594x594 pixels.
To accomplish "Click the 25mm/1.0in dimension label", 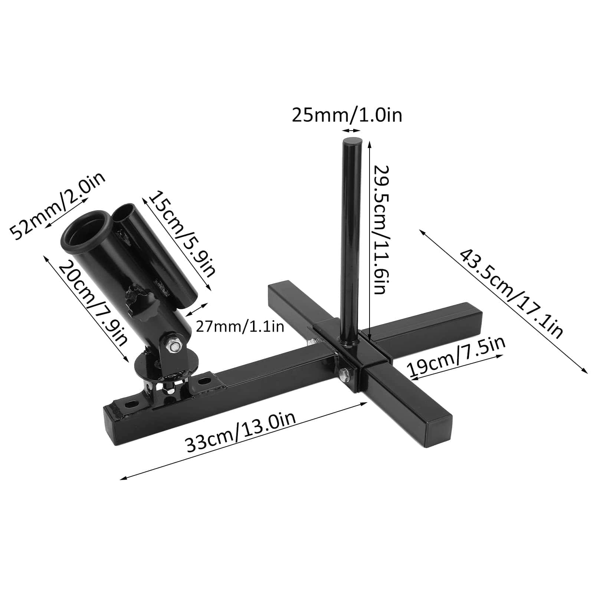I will [347, 115].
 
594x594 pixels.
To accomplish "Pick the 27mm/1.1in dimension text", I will [240, 326].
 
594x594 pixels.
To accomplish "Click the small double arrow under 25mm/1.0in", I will [351, 130].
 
